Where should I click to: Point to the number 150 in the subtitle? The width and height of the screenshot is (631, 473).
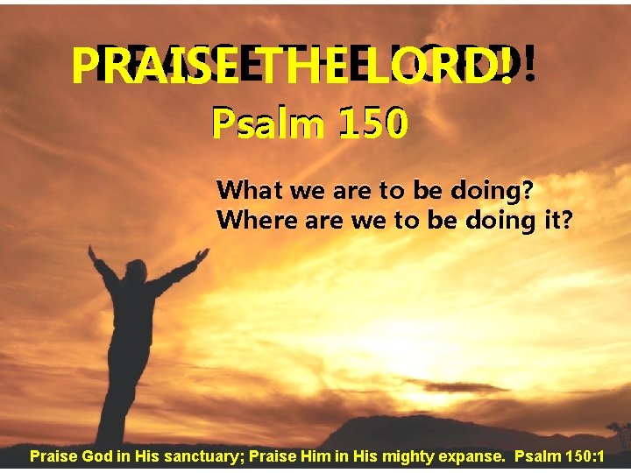point(373,126)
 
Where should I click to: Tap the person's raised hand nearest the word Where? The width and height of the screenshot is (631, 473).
point(202,255)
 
